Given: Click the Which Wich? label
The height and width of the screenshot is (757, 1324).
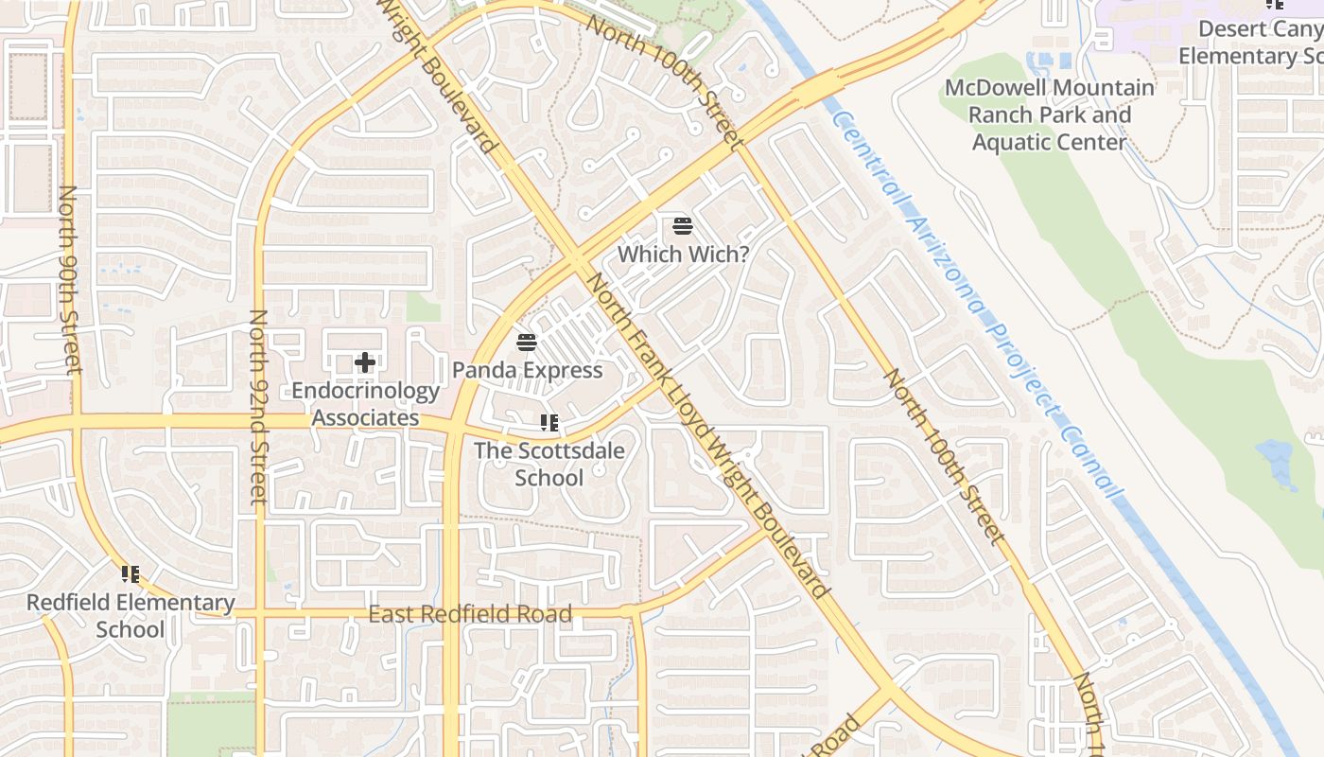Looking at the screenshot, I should [x=683, y=254].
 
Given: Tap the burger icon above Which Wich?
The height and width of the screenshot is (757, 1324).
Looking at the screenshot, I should [x=683, y=226].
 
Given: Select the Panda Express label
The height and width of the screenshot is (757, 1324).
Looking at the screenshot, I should [x=527, y=370].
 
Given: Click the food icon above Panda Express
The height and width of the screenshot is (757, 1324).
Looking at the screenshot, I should [x=527, y=342].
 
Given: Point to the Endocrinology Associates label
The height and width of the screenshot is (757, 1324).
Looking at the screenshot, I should [x=365, y=404].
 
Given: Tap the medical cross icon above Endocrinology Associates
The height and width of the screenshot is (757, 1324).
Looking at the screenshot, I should [x=365, y=362].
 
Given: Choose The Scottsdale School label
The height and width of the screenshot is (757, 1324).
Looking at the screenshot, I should [x=549, y=464].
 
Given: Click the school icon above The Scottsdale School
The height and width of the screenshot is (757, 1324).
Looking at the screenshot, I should [x=549, y=423].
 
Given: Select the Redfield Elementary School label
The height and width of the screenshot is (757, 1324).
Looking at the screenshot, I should [x=131, y=615].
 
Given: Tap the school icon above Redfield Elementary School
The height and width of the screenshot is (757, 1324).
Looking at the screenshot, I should [x=131, y=573].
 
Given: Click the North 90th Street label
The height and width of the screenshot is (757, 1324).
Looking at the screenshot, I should [x=69, y=279].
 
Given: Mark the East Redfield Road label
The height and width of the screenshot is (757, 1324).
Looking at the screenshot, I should [x=470, y=615].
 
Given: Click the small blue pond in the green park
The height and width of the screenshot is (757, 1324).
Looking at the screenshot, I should [x=1277, y=464].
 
